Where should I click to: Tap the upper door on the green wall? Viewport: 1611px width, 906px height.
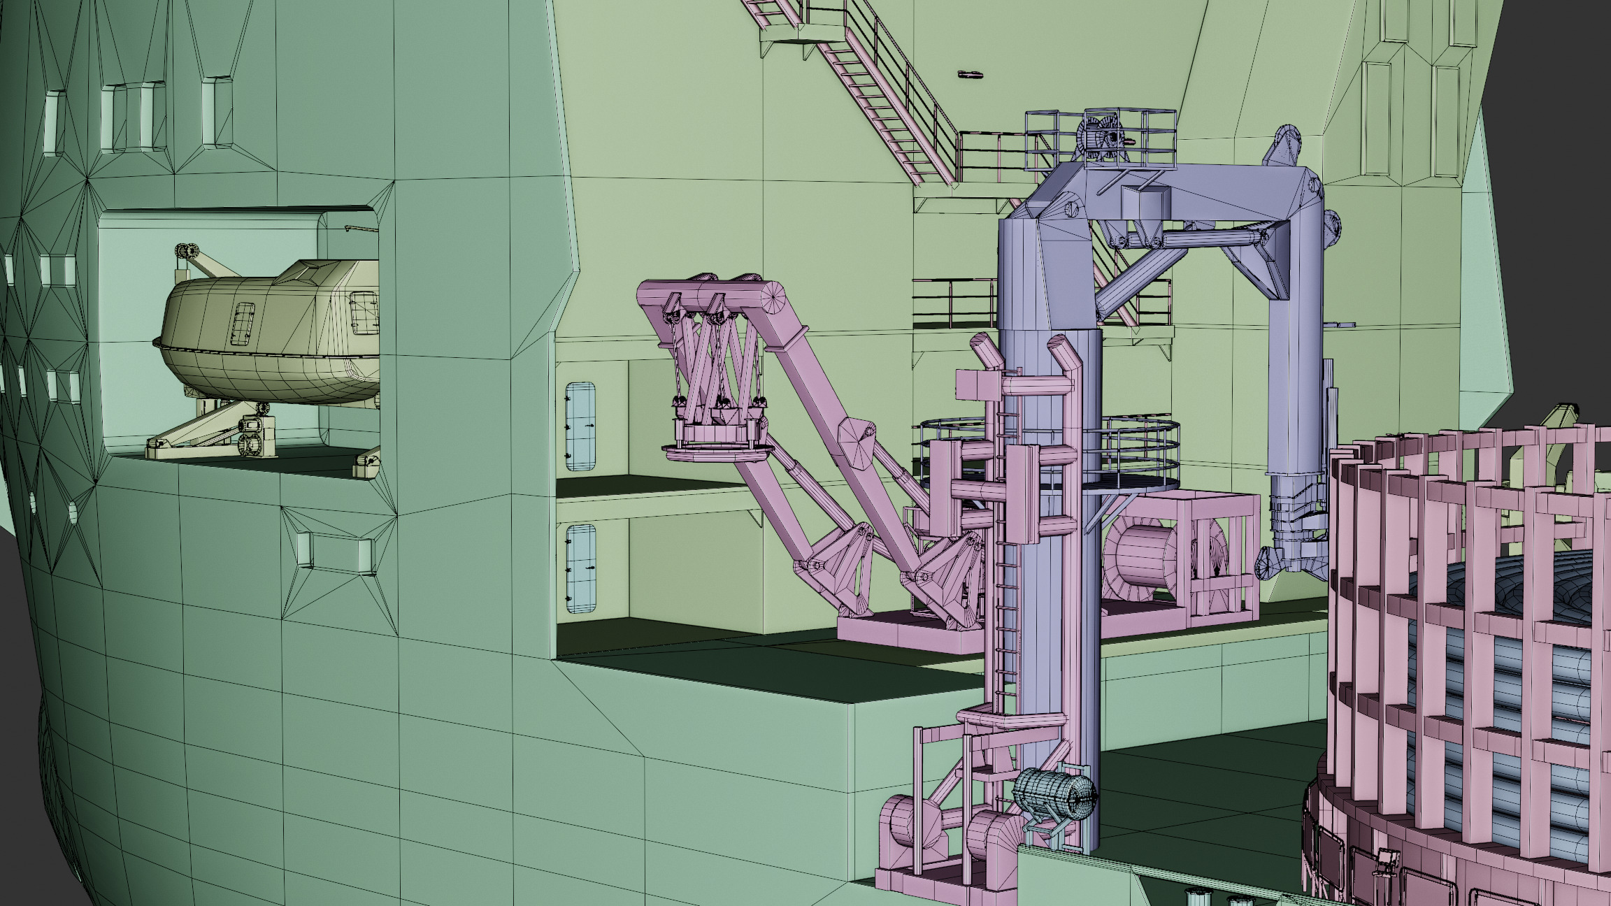580,426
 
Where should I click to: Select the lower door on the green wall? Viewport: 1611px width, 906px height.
580,568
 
